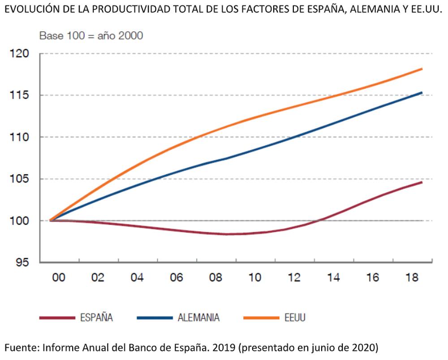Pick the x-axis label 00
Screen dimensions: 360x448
(x=59, y=278)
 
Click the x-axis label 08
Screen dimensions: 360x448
(x=215, y=278)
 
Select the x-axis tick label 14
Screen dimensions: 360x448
(x=333, y=278)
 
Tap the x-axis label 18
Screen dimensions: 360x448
(x=411, y=278)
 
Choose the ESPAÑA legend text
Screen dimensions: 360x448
(x=96, y=318)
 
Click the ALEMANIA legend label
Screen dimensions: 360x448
(x=198, y=318)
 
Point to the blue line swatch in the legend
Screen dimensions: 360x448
(x=155, y=318)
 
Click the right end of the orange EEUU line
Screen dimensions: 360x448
(x=422, y=69)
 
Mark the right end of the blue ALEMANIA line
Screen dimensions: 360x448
(x=422, y=93)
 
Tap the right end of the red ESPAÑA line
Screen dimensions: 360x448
(x=422, y=182)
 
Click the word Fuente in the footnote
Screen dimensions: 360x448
(x=21, y=347)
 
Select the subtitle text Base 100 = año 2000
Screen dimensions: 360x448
(x=91, y=36)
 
